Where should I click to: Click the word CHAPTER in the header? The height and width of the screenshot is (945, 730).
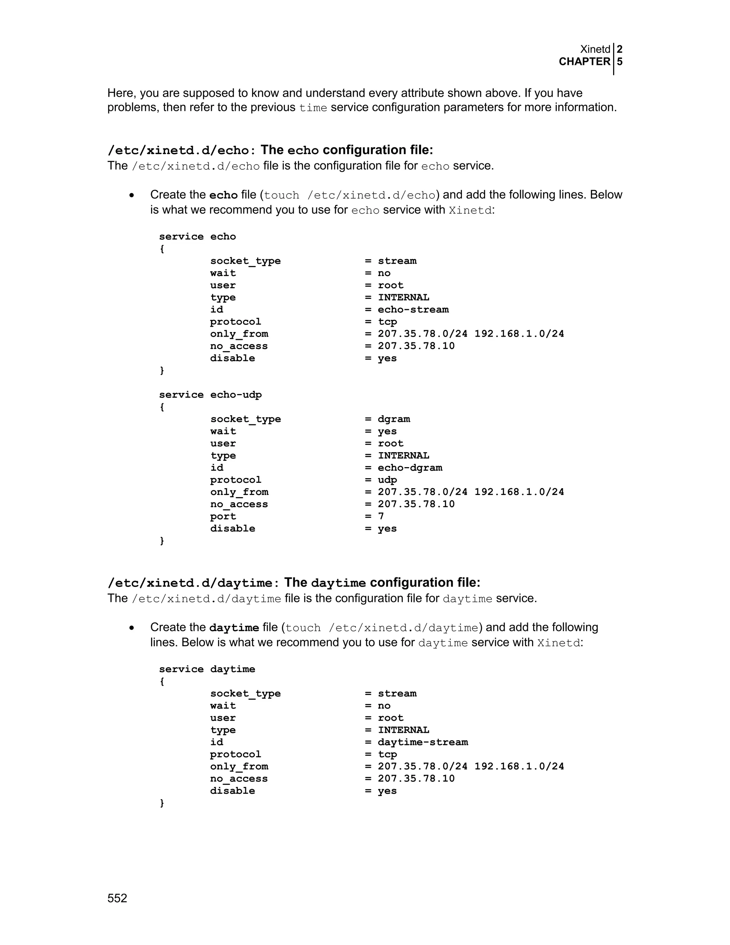584,62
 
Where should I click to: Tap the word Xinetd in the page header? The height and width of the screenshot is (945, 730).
595,49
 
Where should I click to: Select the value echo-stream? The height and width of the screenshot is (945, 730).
413,310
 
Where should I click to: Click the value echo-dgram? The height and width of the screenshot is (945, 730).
410,468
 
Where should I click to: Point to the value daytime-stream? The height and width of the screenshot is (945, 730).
422,742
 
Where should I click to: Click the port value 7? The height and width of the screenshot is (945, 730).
381,516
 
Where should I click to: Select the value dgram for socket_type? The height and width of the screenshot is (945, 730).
394,419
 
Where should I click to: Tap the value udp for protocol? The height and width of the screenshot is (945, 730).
387,480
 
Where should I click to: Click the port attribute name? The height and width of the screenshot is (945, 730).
223,517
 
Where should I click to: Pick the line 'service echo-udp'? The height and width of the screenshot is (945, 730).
210,395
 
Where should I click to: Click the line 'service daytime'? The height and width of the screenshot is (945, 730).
207,669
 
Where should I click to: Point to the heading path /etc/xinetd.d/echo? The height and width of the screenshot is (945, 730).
178,150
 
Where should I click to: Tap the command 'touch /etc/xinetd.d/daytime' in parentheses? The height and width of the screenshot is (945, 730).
382,628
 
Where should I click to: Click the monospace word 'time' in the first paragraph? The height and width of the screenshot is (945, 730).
313,108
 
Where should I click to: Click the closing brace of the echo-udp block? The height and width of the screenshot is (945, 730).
162,541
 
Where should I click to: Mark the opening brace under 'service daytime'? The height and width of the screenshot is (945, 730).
162,681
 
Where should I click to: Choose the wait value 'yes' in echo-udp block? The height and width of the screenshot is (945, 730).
387,431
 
